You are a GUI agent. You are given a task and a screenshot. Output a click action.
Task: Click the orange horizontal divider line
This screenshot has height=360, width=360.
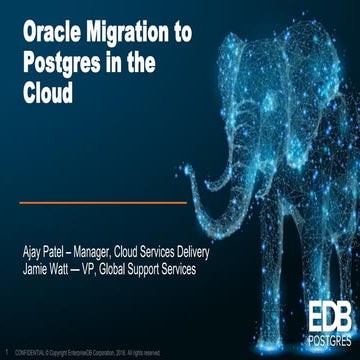(x=103, y=203)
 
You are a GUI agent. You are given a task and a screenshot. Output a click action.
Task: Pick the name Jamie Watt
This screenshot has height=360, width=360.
(x=46, y=272)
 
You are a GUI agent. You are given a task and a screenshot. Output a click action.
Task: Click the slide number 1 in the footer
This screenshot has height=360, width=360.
(x=8, y=352)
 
